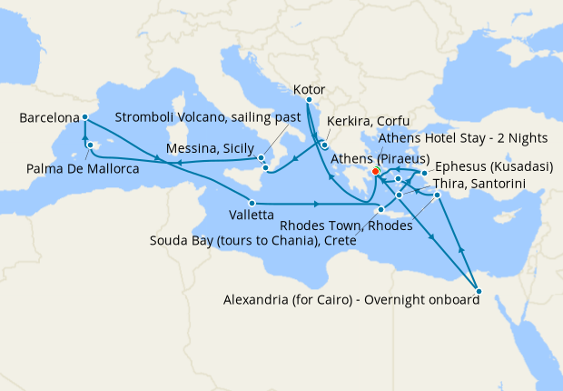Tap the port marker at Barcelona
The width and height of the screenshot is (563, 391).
(84, 116)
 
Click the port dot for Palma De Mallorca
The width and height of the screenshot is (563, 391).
(90, 144)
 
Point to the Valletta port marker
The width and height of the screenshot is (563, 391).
(251, 202)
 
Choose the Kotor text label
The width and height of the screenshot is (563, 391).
(310, 90)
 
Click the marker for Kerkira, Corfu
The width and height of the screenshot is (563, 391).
(323, 143)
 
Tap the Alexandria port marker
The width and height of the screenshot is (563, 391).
(479, 292)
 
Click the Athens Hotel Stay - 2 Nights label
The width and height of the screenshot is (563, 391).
(463, 138)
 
